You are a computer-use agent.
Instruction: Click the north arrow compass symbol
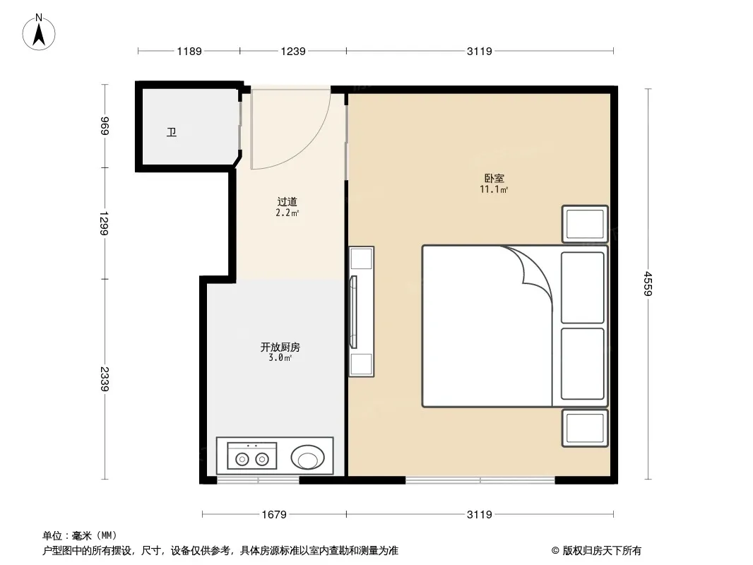pos(39,32)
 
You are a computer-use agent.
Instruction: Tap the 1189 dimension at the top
pos(189,51)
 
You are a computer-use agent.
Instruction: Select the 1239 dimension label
pos(293,51)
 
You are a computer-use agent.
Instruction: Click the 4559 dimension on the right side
pos(648,284)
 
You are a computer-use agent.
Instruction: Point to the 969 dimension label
pos(105,126)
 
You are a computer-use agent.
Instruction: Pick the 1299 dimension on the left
pos(105,223)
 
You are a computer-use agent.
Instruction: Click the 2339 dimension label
pos(105,379)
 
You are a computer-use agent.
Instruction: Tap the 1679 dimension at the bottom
pos(274,515)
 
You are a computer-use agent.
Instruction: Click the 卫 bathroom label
pos(172,132)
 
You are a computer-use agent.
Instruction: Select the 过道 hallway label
pos(287,202)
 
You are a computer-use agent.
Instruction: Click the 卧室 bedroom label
pos(494,179)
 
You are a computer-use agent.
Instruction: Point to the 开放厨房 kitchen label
pos(280,347)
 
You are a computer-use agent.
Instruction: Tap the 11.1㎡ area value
pos(494,189)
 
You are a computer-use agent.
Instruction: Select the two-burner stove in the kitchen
pos(252,456)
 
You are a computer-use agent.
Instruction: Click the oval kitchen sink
pos(307,457)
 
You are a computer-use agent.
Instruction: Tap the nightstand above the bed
pos(585,224)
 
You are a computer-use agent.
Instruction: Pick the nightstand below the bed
pos(585,428)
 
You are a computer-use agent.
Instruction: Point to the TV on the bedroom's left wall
pos(353,312)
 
